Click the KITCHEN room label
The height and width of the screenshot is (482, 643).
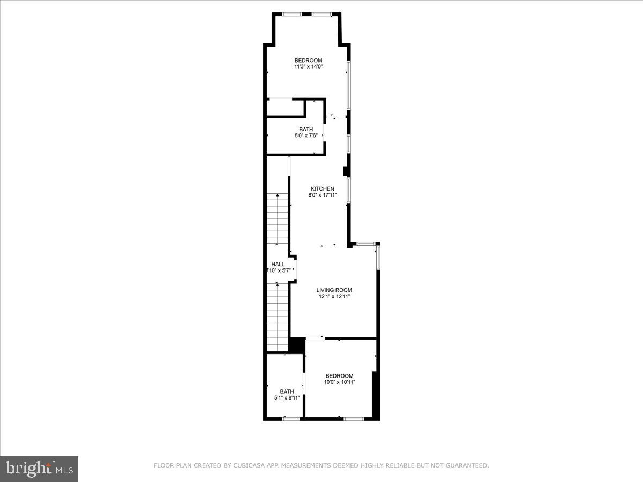point(323,189)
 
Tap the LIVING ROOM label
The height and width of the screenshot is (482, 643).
point(334,290)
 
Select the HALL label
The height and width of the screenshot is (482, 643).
point(278,264)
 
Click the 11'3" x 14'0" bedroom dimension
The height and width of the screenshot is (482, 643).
point(308,67)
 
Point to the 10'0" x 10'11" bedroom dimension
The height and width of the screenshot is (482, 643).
point(339,382)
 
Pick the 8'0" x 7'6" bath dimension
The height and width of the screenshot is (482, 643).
point(306,135)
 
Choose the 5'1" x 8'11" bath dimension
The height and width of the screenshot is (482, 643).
point(287,398)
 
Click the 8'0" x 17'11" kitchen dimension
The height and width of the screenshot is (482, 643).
point(323,195)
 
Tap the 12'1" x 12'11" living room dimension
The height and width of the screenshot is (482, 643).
point(334,297)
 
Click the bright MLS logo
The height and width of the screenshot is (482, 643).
point(39,469)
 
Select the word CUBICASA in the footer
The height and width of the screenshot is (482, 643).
point(249,466)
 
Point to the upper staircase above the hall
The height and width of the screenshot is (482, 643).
point(278,220)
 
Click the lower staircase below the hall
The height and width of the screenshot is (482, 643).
point(278,316)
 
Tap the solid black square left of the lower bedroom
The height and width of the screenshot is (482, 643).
point(296,345)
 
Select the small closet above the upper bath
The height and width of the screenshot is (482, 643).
point(286,107)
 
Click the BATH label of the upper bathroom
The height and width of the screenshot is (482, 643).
point(306,129)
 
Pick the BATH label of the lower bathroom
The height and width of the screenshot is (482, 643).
point(287,391)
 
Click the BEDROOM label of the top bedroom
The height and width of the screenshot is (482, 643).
point(308,60)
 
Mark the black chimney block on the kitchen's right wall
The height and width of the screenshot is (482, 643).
point(346,171)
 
